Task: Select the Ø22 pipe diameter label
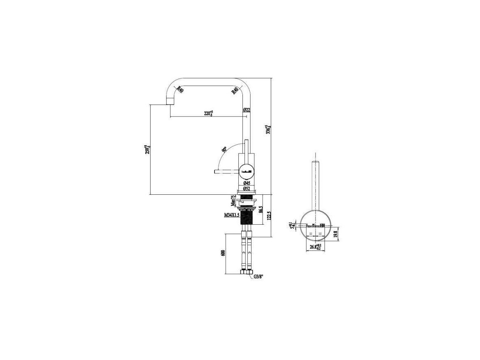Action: click(247, 110)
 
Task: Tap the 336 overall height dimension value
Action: click(267, 130)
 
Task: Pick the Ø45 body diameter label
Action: click(247, 183)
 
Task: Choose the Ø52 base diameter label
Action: click(247, 189)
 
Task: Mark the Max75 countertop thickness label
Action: click(233, 201)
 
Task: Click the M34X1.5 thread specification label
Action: click(231, 214)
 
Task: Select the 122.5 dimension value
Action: click(269, 216)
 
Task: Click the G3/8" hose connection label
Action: click(258, 277)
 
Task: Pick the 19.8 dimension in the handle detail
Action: click(335, 234)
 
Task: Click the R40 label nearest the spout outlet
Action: click(179, 90)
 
